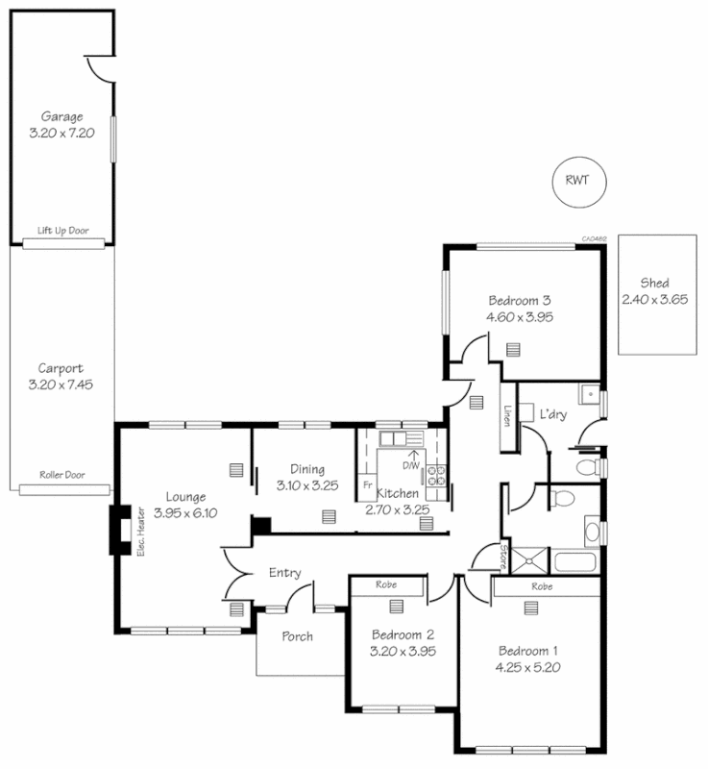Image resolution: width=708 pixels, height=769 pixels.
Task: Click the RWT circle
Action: tap(577, 180)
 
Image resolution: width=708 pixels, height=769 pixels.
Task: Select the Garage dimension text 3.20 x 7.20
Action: tap(61, 135)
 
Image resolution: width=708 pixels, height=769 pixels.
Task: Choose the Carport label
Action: tap(61, 368)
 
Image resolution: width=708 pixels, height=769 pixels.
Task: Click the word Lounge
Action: tap(185, 497)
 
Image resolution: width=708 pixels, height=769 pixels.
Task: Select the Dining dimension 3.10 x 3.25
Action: tap(307, 485)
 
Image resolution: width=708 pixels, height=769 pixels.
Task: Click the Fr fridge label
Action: tap(367, 484)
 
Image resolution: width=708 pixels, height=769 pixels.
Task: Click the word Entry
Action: tap(285, 573)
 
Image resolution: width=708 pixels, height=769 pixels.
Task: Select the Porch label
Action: tap(298, 636)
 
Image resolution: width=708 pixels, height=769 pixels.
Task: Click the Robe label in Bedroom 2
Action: tap(386, 583)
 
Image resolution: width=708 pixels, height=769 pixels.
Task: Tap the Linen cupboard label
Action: tap(506, 415)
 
